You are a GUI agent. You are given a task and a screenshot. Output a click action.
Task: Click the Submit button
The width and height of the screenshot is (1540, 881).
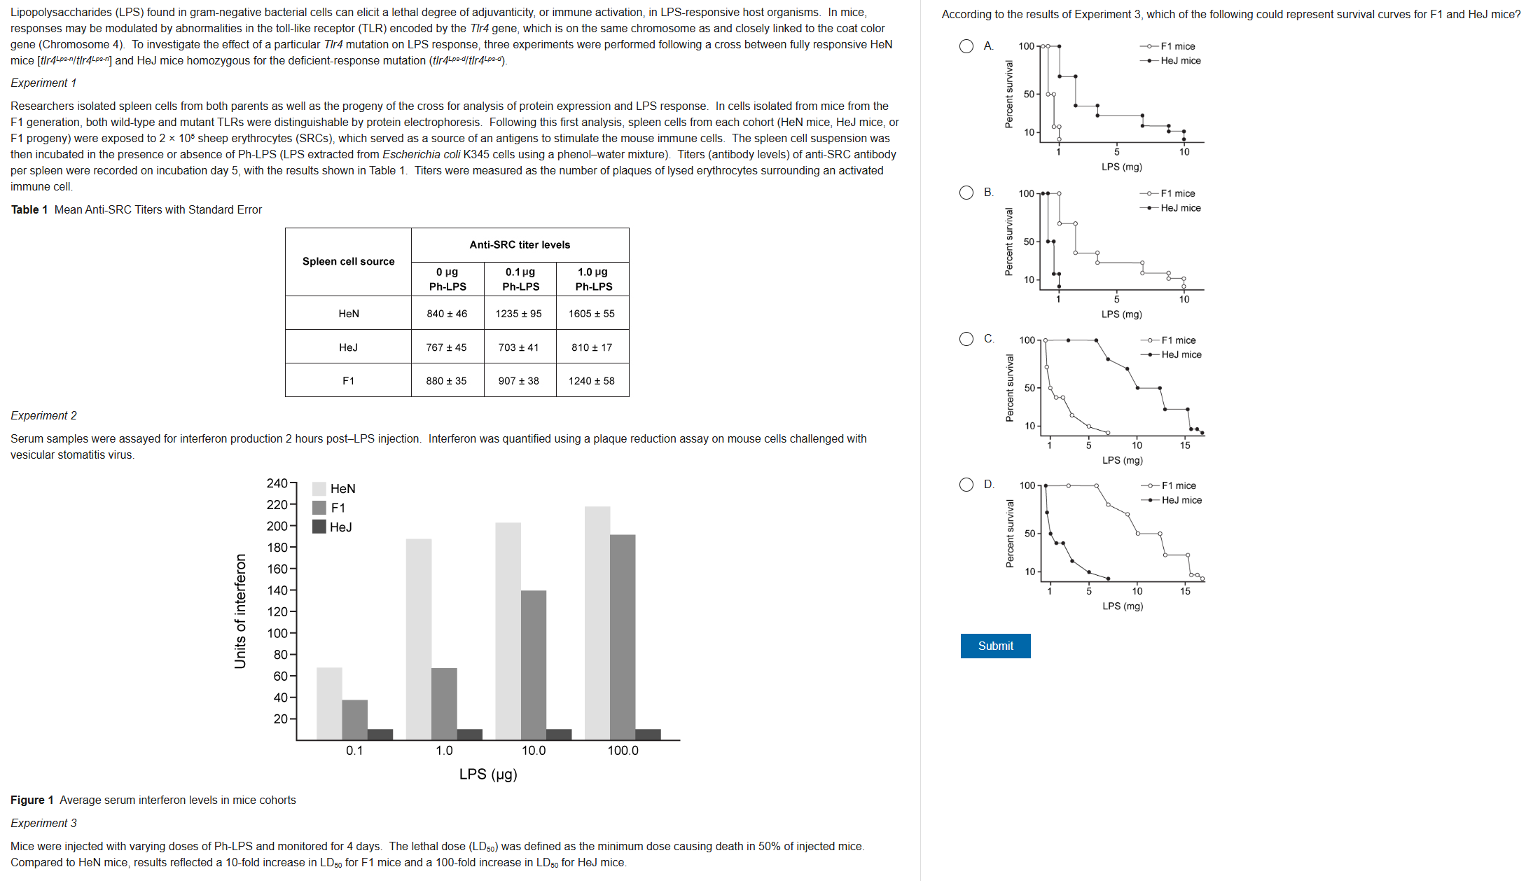994,646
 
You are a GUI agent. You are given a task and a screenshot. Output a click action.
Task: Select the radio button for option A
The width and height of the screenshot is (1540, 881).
966,46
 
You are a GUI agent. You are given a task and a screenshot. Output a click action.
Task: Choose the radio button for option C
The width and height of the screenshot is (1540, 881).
966,339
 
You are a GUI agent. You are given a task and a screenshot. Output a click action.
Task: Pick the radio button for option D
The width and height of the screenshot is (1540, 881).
966,485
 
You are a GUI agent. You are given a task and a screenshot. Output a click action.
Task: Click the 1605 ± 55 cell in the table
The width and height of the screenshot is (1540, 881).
592,313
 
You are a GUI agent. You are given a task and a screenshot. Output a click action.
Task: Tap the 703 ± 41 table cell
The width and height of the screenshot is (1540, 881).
518,347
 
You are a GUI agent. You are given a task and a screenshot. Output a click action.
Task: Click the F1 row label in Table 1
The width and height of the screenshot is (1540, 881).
348,380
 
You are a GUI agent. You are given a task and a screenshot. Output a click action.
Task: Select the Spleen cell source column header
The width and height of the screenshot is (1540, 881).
348,261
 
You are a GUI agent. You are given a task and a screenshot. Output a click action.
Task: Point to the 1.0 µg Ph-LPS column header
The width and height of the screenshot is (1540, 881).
593,279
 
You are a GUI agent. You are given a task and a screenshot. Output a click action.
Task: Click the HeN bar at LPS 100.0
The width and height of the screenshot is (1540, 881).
597,623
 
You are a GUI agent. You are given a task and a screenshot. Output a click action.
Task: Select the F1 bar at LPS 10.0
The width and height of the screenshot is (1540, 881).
534,665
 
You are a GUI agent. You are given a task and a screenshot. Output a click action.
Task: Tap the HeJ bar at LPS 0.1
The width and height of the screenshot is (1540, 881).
380,734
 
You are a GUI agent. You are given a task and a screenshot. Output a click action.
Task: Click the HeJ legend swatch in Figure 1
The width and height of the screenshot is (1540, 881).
319,527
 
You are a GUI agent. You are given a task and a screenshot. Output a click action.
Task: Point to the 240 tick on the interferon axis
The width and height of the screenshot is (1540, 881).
277,483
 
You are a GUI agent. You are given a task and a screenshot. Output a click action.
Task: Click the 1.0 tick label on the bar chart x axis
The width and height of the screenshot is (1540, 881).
444,750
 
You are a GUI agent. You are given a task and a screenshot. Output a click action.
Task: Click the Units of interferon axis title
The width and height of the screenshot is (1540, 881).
240,611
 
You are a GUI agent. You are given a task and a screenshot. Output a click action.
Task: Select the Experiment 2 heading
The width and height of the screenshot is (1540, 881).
43,415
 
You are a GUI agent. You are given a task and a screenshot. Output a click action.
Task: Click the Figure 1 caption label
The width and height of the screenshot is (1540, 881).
32,800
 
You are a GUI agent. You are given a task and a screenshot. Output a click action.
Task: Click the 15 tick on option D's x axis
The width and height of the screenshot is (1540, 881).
1185,591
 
